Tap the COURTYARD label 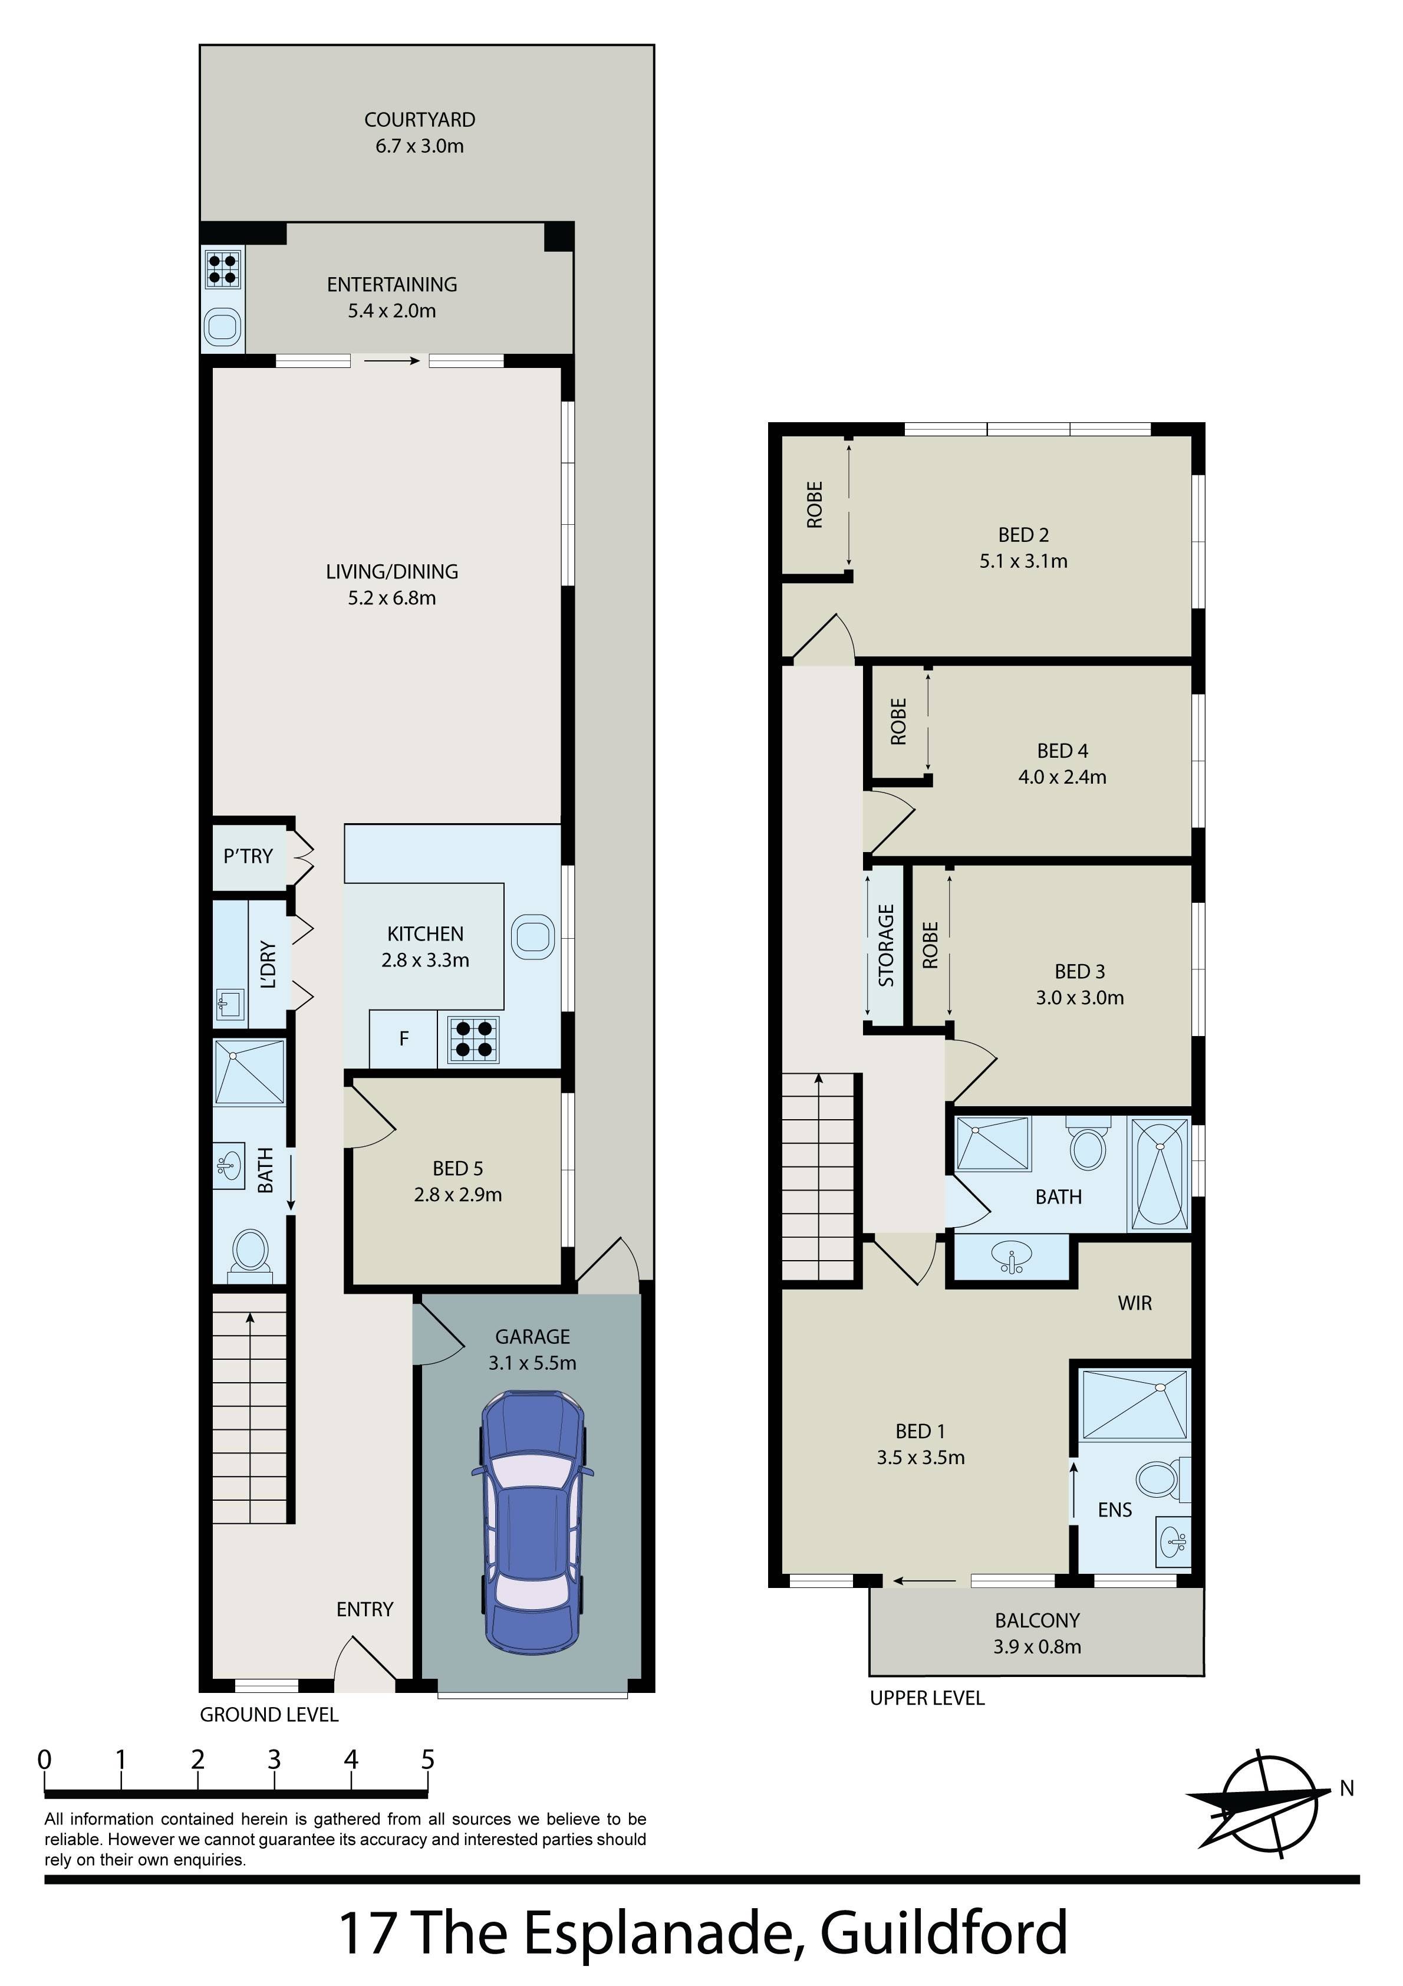tap(420, 119)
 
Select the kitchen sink tap(533, 936)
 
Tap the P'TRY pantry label tap(248, 856)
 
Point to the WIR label tap(1135, 1303)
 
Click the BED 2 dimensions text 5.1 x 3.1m tap(1023, 561)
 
